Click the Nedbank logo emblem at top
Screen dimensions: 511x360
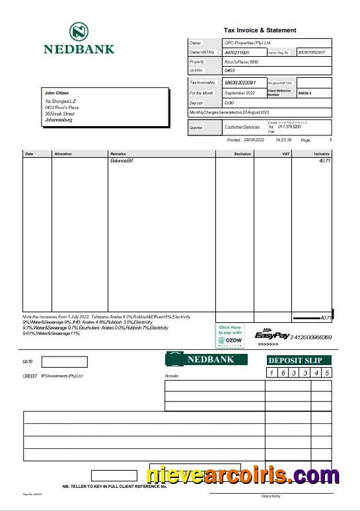coord(79,32)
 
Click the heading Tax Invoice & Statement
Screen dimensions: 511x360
coord(260,30)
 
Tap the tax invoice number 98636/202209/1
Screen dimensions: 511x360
coord(241,83)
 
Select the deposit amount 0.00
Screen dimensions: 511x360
coord(229,103)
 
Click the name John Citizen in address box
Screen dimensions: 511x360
coord(56,93)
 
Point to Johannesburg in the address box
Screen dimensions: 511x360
coord(59,120)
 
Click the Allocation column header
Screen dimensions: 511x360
coord(63,154)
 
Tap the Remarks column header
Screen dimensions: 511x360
coord(118,154)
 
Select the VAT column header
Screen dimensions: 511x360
coord(285,154)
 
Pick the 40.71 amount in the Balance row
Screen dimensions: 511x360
coord(324,161)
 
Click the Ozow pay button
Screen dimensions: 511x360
coord(230,335)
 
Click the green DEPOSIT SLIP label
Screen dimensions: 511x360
coord(299,360)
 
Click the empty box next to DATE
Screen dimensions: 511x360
coord(64,362)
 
